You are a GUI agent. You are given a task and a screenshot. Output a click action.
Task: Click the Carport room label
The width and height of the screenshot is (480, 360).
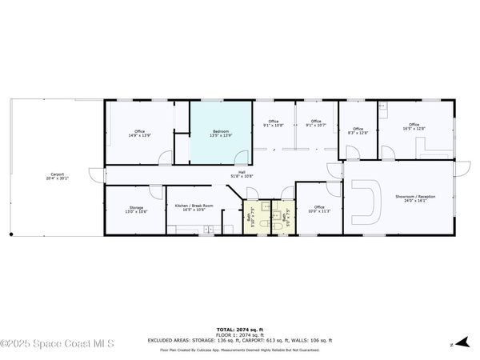pos(58,176)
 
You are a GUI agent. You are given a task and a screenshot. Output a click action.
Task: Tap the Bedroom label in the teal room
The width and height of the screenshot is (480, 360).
pos(222,133)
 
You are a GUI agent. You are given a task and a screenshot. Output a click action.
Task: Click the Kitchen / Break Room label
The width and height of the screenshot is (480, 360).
pos(194,207)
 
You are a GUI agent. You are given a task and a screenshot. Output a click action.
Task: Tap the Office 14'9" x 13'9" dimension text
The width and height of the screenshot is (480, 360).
pos(140,136)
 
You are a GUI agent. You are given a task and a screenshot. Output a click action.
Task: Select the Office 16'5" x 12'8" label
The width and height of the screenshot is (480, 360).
pos(414,126)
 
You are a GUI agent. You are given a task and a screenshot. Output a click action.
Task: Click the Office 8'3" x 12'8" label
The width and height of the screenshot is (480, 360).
pos(358,131)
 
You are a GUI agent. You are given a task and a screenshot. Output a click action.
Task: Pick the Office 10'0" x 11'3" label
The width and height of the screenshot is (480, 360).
pos(319,210)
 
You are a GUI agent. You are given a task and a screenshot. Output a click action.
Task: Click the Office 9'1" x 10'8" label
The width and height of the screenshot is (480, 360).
pos(273,123)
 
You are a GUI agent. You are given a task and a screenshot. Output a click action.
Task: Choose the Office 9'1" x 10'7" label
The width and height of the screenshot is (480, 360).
pos(316,123)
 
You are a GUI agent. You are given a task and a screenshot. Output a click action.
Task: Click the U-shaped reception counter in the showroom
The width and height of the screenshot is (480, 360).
pos(370,200)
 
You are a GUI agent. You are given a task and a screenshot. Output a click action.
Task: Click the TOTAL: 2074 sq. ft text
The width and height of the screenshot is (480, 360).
pos(239,329)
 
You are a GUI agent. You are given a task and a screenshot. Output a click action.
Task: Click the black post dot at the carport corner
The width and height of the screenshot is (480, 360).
pos(10,235)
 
